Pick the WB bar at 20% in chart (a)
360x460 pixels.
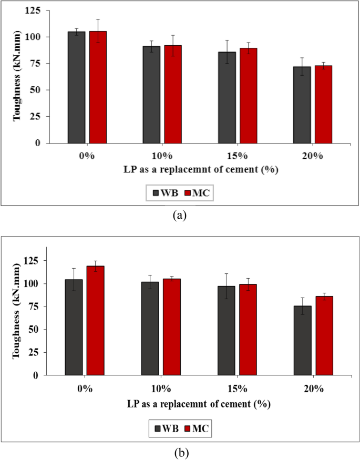point(302,105)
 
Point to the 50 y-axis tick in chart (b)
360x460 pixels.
point(36,330)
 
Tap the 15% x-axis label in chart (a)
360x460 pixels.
point(236,157)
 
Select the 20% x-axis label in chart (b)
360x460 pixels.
point(313,390)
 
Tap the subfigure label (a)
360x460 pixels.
point(180,214)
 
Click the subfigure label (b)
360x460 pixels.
point(180,452)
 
